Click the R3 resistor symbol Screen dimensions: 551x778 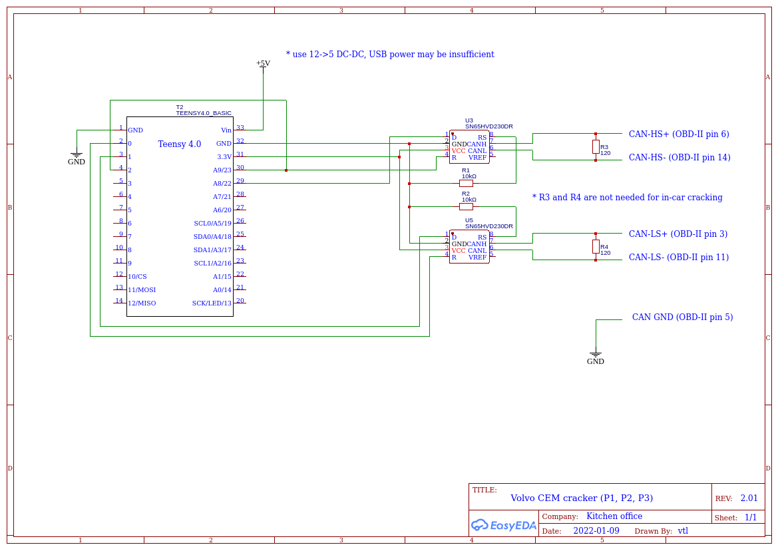coord(596,146)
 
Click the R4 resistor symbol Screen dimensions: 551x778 coord(596,246)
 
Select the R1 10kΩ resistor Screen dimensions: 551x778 coord(467,183)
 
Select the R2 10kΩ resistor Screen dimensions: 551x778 coord(467,206)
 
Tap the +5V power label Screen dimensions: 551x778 coord(263,63)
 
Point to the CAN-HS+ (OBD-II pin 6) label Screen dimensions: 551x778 coord(679,134)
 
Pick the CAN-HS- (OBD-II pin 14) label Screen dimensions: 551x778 coord(680,158)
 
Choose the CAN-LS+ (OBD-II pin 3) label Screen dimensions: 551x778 coord(678,234)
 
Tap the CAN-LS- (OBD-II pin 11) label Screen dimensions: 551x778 coord(678,258)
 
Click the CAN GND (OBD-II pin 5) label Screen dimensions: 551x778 coord(682,317)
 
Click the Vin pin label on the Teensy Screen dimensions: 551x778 coord(226,130)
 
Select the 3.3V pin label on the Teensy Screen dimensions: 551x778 coord(224,157)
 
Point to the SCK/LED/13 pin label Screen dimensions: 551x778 coord(212,303)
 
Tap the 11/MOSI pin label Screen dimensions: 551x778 coord(142,290)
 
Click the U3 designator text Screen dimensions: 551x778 coord(469,120)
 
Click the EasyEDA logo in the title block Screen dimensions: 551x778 coord(503,525)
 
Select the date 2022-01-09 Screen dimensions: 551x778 coord(596,531)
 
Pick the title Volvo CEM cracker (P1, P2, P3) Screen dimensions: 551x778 coord(581,498)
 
